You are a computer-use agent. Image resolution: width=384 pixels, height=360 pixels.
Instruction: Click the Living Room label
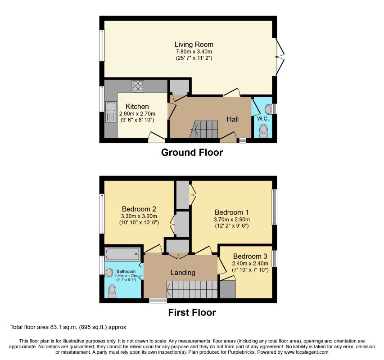(194, 44)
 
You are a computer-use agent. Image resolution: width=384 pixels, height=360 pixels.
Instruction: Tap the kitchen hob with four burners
(138, 86)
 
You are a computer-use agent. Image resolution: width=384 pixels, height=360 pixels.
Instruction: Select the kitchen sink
(111, 112)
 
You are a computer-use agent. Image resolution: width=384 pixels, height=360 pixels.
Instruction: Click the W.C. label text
(263, 119)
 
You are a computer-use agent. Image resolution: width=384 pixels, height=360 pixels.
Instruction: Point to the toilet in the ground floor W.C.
(264, 131)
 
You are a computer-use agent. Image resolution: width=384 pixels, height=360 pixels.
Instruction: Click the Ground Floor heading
(192, 152)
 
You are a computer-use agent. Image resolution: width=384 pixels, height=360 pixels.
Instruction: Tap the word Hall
(232, 119)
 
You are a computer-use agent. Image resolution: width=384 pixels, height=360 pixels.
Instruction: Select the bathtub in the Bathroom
(123, 254)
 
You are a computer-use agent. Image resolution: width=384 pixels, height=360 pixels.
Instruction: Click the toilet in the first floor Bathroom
(112, 291)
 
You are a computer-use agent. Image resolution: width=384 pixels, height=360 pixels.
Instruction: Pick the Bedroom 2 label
(139, 209)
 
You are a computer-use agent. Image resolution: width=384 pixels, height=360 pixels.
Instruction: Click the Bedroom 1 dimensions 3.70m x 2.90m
(232, 219)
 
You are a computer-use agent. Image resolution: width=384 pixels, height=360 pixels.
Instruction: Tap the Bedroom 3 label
(250, 256)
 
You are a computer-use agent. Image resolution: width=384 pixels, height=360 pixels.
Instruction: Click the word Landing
(183, 273)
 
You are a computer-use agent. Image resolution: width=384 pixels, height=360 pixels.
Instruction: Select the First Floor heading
(192, 312)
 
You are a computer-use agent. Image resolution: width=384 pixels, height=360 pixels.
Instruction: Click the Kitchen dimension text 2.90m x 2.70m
(137, 114)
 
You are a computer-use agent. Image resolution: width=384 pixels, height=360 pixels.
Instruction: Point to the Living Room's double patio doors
(280, 57)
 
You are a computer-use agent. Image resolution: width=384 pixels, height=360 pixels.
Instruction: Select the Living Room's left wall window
(102, 45)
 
